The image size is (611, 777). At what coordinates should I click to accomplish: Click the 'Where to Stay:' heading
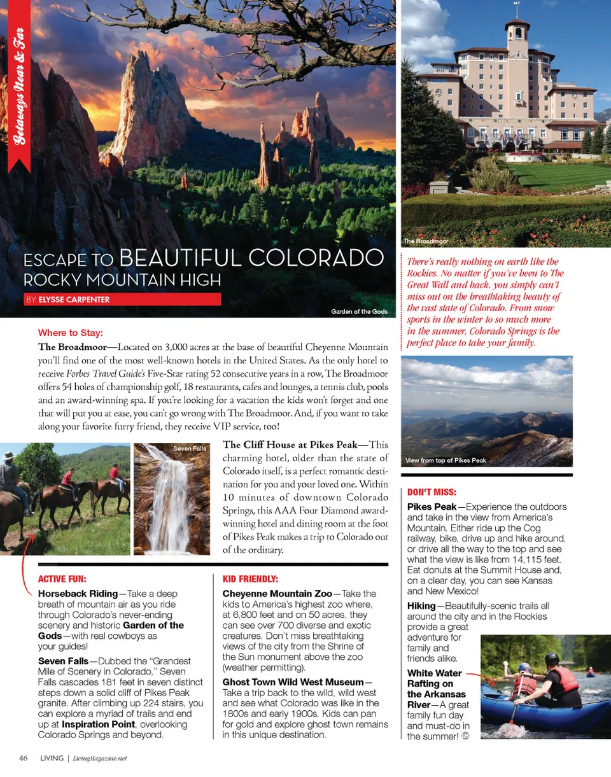[x=70, y=333]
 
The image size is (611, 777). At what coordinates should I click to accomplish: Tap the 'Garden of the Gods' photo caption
[x=359, y=312]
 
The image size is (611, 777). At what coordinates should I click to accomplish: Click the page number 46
[x=23, y=758]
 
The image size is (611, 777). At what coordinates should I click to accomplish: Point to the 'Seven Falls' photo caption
[x=190, y=449]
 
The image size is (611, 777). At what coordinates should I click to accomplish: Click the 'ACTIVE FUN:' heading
[x=62, y=579]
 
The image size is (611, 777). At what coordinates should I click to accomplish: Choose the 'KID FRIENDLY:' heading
[x=250, y=579]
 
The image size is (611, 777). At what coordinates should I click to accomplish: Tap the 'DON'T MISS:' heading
[x=432, y=493]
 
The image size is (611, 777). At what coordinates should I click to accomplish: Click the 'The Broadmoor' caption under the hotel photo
[x=425, y=242]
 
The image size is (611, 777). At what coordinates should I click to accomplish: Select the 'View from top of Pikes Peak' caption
[x=446, y=460]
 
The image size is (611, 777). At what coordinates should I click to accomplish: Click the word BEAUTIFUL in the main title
[x=181, y=259]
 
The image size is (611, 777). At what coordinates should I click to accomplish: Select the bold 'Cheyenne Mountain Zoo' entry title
[x=277, y=593]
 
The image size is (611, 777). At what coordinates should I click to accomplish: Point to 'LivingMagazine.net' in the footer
[x=100, y=759]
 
